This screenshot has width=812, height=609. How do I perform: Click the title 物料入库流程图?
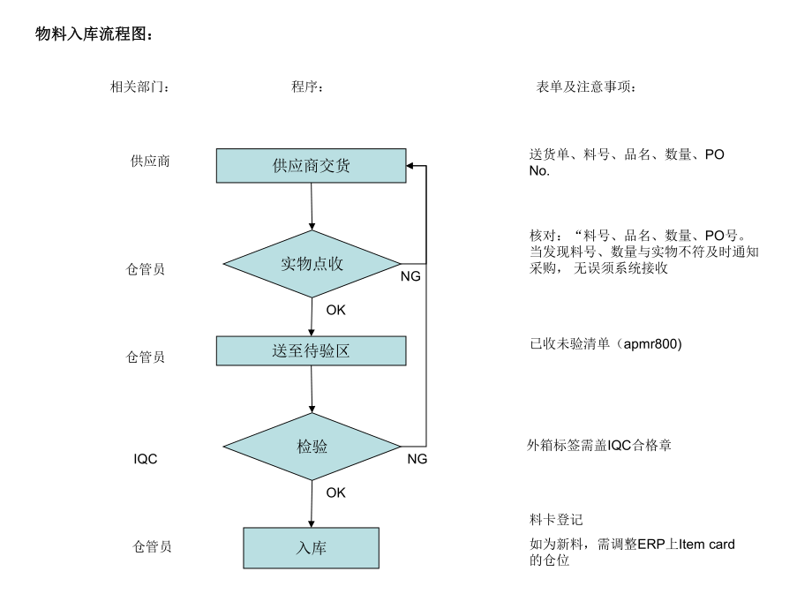94,34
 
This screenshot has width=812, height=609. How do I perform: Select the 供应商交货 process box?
312,165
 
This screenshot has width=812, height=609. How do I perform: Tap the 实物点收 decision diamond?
312,264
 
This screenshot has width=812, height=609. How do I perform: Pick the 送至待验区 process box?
312,350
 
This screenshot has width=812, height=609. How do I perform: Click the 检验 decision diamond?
312,447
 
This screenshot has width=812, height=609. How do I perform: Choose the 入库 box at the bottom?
312,548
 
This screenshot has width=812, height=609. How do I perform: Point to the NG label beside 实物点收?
410,276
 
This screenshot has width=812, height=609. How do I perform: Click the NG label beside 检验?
417,459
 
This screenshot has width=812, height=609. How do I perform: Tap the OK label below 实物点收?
335,310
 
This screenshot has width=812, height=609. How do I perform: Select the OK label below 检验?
335,492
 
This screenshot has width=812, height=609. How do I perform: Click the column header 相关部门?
139,87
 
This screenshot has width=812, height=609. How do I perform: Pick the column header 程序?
307,87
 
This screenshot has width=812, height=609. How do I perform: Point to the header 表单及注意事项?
586,87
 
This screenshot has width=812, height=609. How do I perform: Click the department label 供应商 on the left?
150,161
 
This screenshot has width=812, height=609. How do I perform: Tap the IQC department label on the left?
146,459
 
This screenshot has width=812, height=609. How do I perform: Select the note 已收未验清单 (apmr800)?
605,344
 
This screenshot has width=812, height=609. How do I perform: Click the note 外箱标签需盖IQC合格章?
599,446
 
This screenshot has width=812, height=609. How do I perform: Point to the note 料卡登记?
556,520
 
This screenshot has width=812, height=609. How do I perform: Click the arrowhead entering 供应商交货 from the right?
410,165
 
